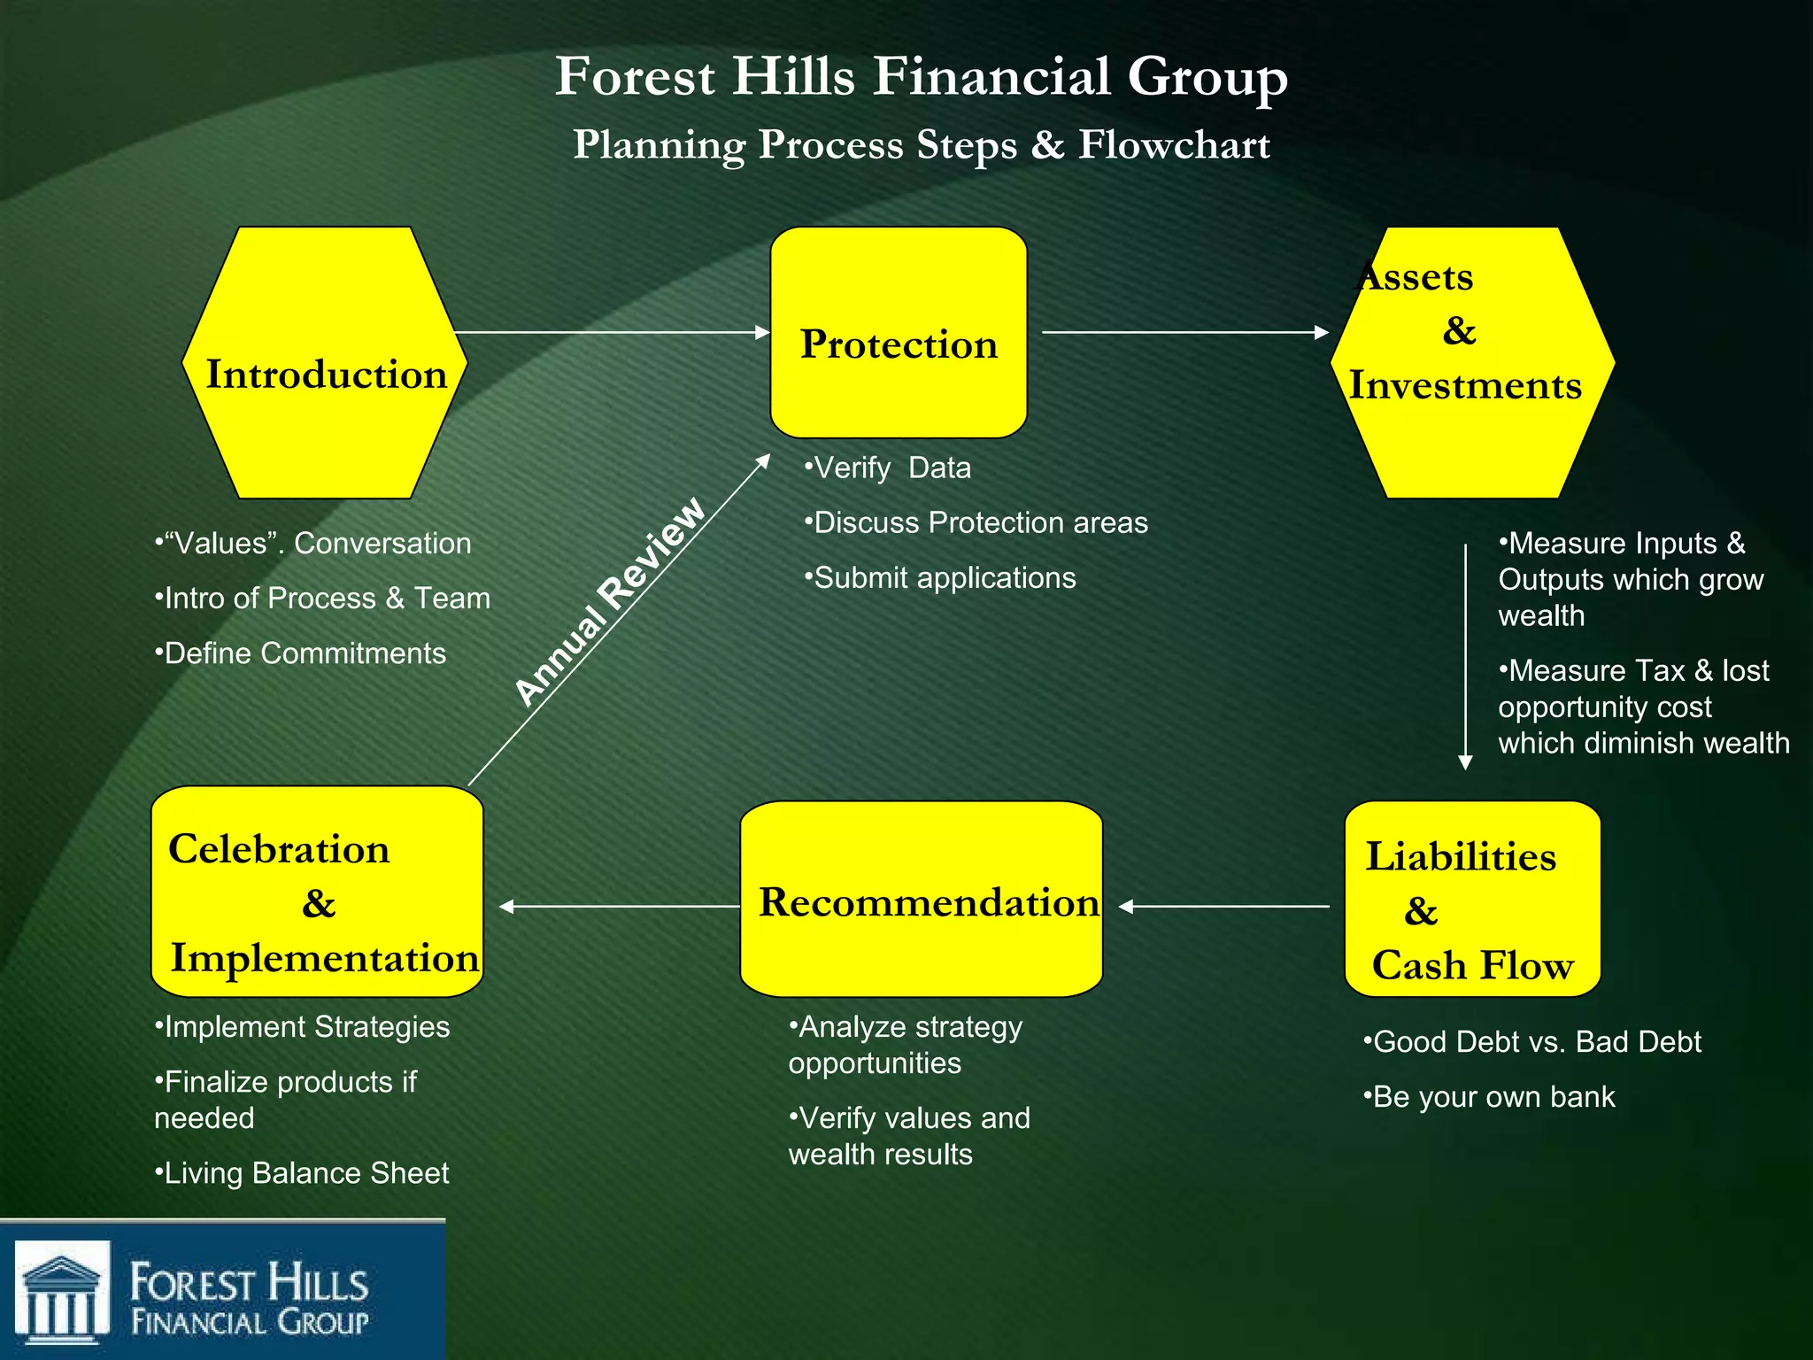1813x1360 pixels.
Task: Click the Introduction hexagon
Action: pyautogui.click(x=325, y=363)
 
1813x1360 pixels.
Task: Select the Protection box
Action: pyautogui.click(x=899, y=333)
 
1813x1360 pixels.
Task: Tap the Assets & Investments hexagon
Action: pyautogui.click(x=1472, y=363)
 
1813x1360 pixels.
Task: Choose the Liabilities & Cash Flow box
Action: pyautogui.click(x=1472, y=900)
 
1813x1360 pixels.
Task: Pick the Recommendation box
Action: pyautogui.click(x=921, y=900)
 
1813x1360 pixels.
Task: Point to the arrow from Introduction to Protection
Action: pyautogui.click(x=611, y=333)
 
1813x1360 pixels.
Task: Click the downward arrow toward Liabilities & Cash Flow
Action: pyautogui.click(x=1465, y=655)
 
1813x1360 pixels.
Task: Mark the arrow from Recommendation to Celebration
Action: pyautogui.click(x=620, y=907)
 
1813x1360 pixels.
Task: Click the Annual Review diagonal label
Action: pyautogui.click(x=611, y=602)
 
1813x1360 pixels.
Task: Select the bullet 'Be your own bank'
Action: pyautogui.click(x=1490, y=1097)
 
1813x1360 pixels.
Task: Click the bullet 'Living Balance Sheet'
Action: pyautogui.click(x=303, y=1173)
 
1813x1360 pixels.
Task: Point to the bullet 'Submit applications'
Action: pyautogui.click(x=940, y=578)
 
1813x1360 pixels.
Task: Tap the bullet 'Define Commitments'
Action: pyautogui.click(x=301, y=653)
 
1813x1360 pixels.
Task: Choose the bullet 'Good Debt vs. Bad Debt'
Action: pyautogui.click(x=1532, y=1042)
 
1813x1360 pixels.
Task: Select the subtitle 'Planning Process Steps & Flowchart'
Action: pyautogui.click(x=921, y=145)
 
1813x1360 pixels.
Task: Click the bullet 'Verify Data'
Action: pyautogui.click(x=888, y=467)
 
